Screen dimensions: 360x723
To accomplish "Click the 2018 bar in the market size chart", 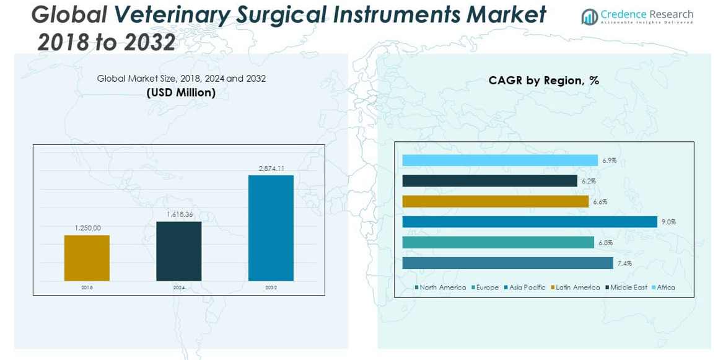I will pos(87,258).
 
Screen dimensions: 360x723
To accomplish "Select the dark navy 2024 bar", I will pos(178,251).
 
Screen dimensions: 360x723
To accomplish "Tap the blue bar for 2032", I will pos(271,228).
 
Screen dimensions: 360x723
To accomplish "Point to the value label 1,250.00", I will pos(87,228).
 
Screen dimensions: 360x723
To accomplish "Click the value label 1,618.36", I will pos(179,214).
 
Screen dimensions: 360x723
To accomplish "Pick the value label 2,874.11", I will pos(271,169).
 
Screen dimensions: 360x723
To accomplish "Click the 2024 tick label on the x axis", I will pos(179,288).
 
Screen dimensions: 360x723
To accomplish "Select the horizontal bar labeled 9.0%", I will pos(529,222).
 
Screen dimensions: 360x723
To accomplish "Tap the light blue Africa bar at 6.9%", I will pos(499,160).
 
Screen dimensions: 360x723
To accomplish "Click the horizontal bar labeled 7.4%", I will pos(507,263).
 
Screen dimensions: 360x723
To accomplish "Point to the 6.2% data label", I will pos(589,181).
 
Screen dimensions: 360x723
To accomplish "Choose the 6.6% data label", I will pos(600,202).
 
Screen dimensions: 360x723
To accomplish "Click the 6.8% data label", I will pos(605,243).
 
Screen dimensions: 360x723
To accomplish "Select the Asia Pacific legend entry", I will pos(527,288).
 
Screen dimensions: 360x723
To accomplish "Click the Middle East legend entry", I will pos(628,288).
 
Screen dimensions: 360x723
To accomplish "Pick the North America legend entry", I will pos(442,288).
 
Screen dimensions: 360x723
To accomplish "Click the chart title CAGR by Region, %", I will pos(543,81).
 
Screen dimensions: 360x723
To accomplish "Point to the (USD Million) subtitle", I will pos(181,93).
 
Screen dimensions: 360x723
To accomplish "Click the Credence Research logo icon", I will pos(589,17).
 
